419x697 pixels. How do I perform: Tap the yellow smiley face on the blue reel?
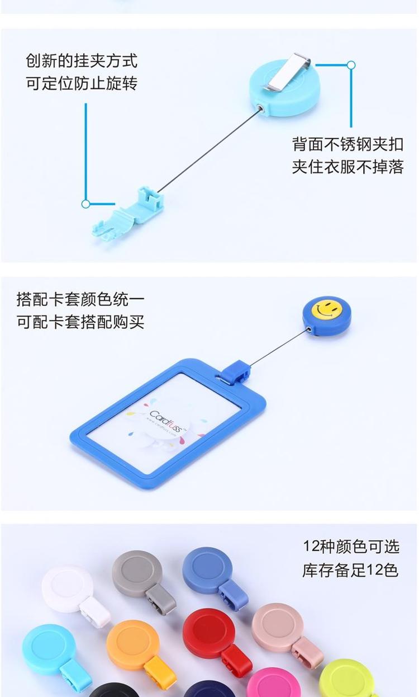click(x=327, y=308)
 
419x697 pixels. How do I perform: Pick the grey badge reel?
click(x=143, y=581)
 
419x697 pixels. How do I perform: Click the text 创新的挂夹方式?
click(x=82, y=60)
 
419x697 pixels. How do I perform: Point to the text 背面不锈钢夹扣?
click(x=347, y=144)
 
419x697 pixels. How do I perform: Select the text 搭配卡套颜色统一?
click(x=80, y=299)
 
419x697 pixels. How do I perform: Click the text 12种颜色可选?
click(x=351, y=547)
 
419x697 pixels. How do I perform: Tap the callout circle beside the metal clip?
click(x=351, y=65)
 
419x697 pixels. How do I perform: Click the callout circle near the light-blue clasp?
click(x=86, y=204)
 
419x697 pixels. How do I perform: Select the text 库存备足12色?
click(x=350, y=569)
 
